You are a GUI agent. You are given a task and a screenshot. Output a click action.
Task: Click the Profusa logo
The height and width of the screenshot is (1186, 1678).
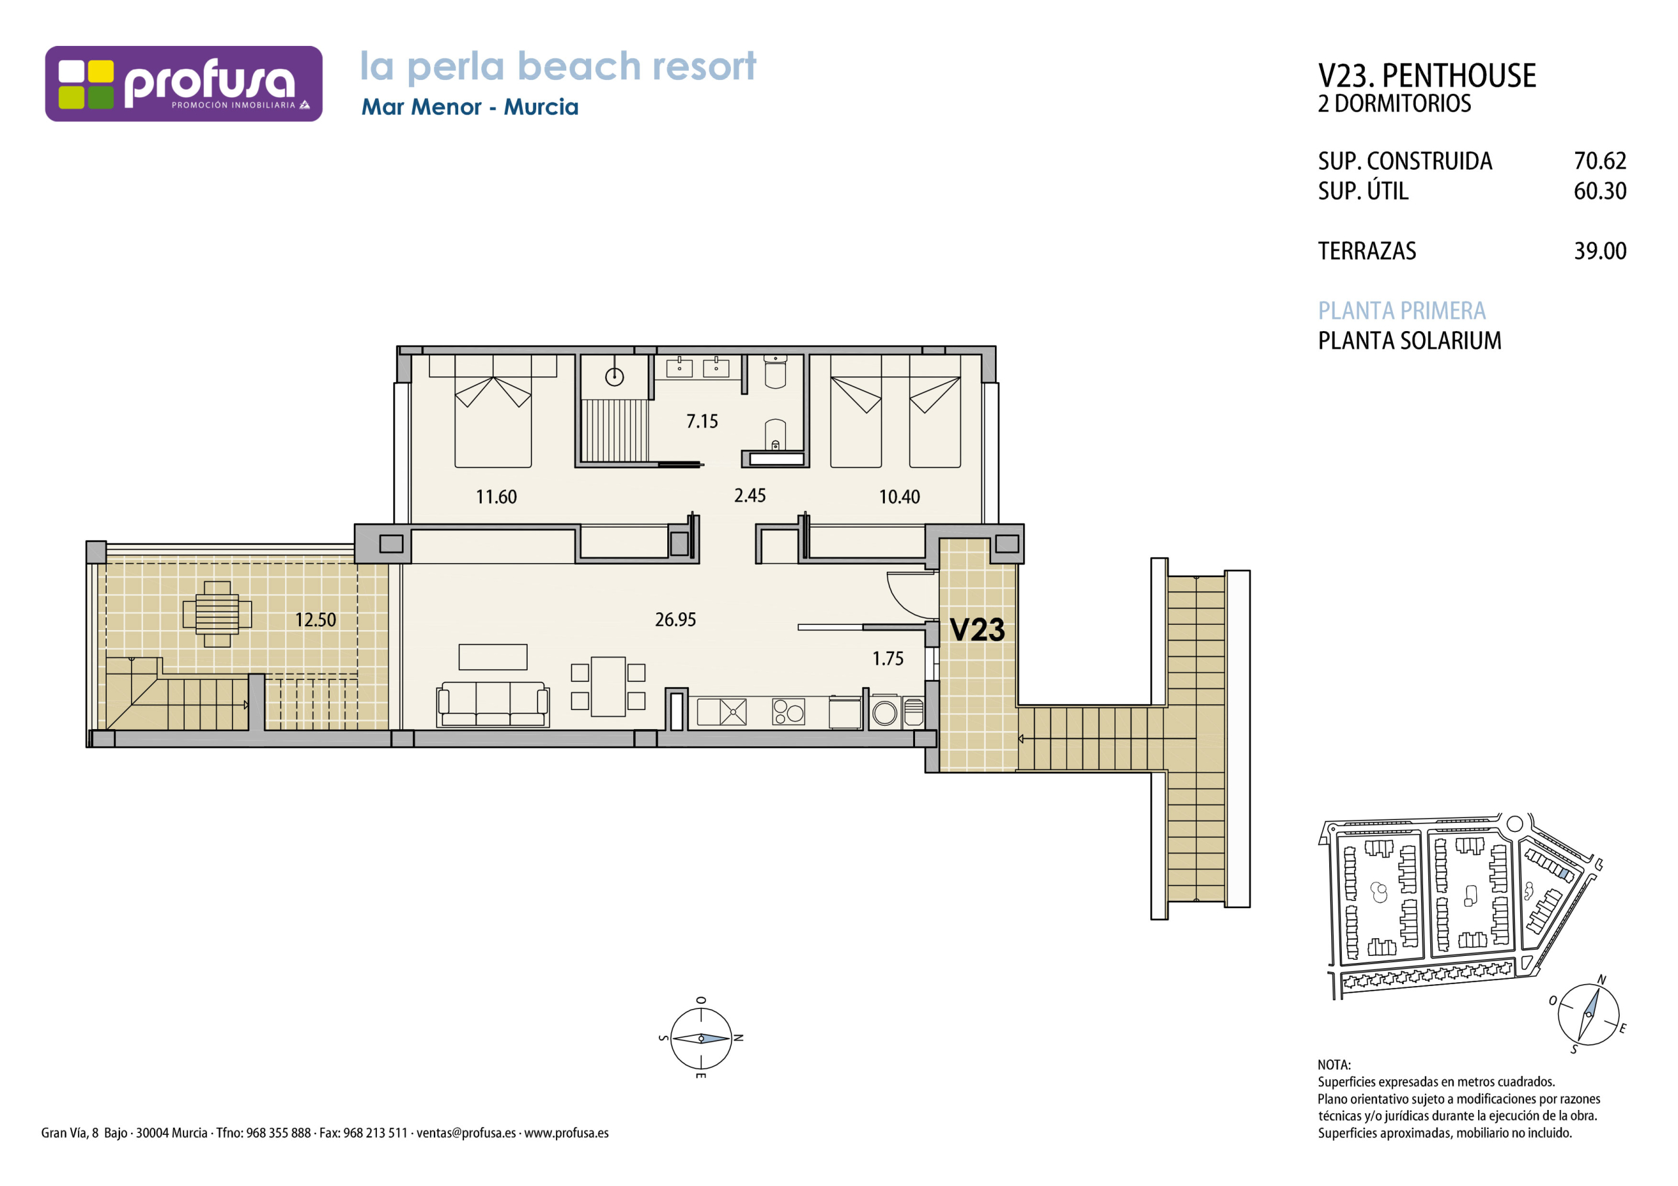coord(184,83)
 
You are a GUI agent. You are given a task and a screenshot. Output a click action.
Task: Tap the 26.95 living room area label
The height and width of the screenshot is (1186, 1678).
coord(675,620)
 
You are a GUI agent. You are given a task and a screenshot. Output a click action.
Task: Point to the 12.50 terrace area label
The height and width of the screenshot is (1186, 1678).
coord(316,620)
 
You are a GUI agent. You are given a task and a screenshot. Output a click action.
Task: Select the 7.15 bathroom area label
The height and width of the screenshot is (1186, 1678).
coord(701,421)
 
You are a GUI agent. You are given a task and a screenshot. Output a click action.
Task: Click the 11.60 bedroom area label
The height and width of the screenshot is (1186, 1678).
coord(496,497)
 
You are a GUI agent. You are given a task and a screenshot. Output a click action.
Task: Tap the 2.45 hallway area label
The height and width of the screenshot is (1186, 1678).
coord(750,496)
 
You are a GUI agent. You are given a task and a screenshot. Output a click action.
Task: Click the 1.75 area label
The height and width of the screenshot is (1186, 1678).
coord(888,659)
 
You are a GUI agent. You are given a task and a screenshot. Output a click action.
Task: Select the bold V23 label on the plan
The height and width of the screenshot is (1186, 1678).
coord(977,629)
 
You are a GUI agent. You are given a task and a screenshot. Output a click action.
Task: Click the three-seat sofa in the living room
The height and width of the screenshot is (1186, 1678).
coord(492,704)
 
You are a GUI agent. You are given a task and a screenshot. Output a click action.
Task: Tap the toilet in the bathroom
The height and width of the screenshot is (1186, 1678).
coord(775,372)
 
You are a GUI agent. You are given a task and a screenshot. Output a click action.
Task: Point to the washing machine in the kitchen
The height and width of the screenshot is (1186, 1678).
coord(884,711)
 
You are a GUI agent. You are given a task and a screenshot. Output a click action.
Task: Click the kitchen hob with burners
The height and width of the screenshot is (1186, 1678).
coord(789,711)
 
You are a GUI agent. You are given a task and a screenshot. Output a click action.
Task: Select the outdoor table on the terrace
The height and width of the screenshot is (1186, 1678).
coord(217,614)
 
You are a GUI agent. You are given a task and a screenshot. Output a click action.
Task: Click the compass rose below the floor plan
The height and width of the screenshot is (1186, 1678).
coord(701,1038)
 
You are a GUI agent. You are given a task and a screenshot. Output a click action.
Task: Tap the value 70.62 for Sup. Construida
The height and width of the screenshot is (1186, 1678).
coord(1600,161)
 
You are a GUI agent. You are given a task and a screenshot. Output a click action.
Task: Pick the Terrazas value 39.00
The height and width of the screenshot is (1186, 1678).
coord(1600,251)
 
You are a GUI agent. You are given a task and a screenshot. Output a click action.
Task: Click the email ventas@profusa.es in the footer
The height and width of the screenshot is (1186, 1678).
coord(466,1134)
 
